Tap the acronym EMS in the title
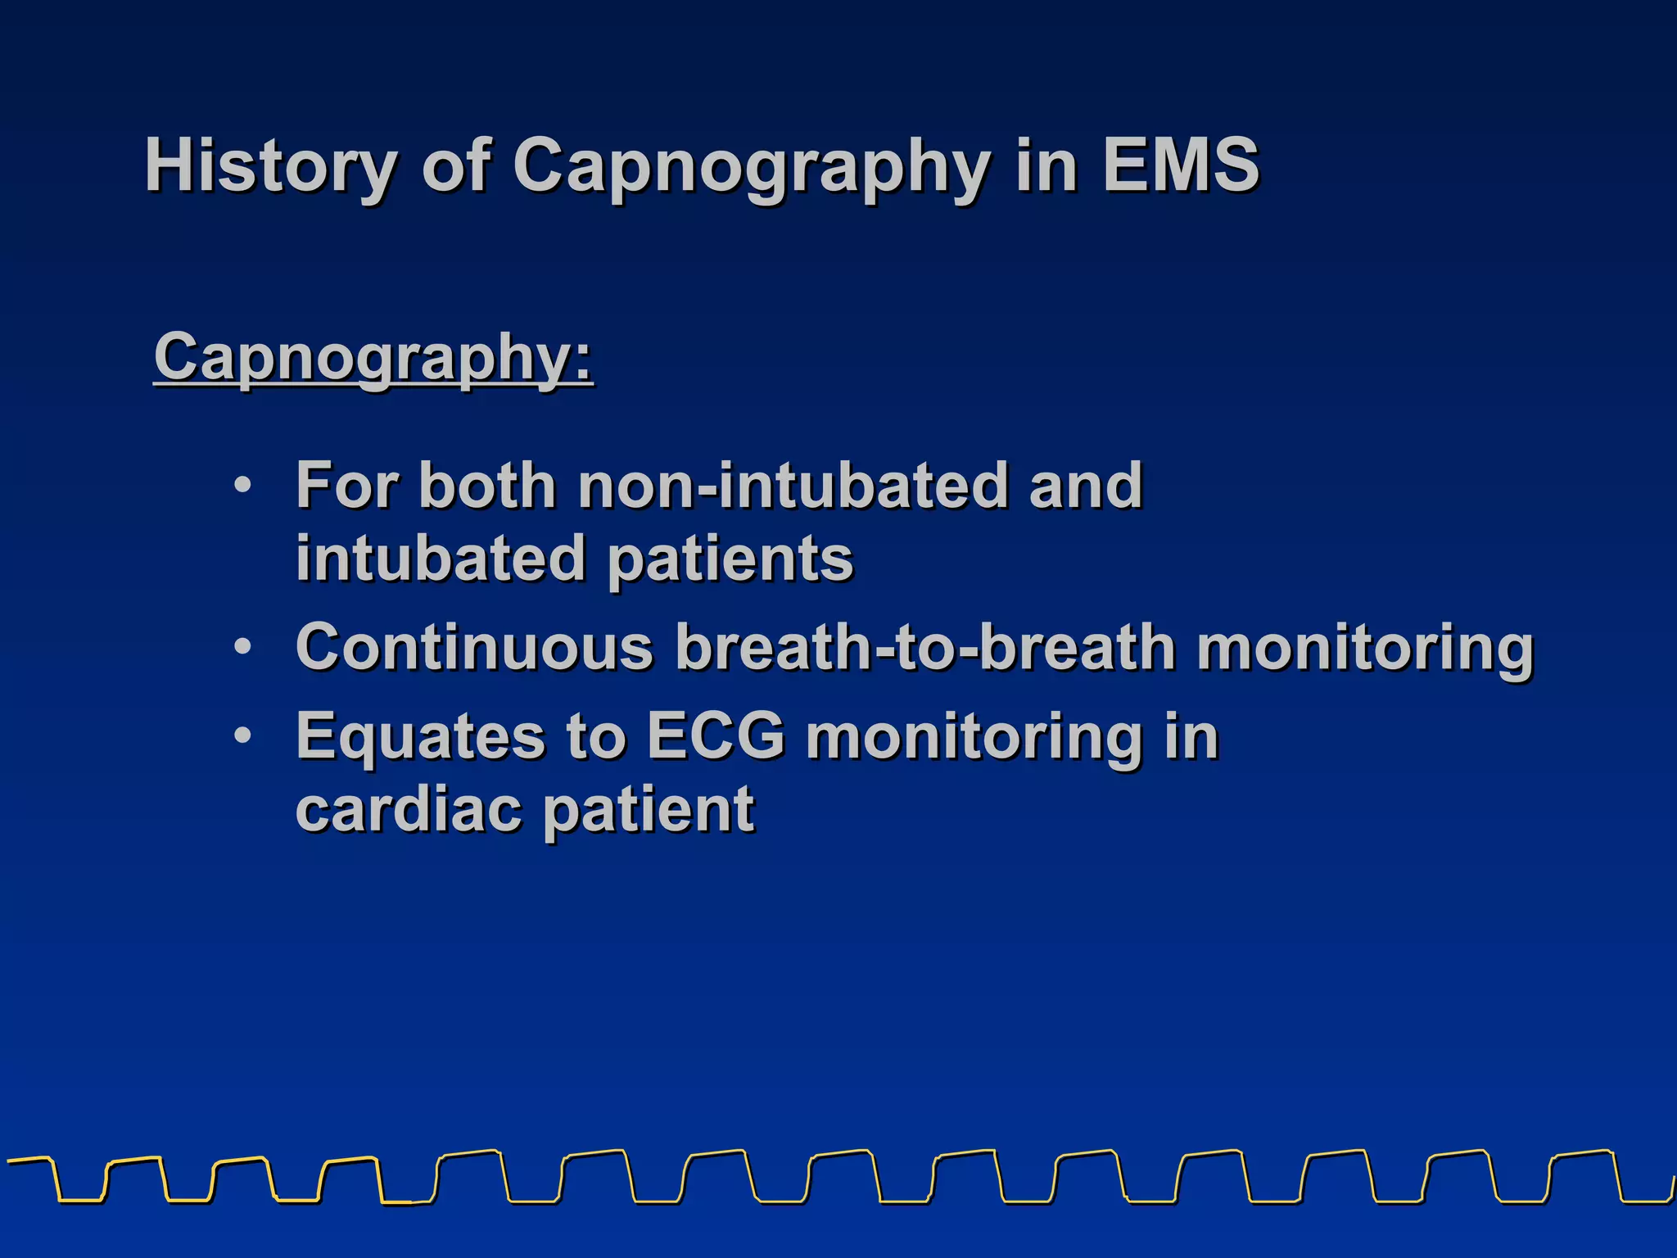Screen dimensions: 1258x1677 click(1180, 165)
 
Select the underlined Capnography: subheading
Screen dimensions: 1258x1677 click(373, 357)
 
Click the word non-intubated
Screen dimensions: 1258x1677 click(792, 485)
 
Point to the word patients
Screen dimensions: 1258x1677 click(730, 559)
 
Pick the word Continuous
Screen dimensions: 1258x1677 click(475, 647)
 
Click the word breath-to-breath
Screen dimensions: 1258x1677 click(925, 647)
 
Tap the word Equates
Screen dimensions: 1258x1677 click(420, 735)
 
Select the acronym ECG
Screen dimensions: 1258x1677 click(716, 735)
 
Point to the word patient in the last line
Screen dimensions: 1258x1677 click(649, 809)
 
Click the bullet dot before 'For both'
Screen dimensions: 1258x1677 click(242, 485)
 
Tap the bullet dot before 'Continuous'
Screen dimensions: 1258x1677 click(242, 647)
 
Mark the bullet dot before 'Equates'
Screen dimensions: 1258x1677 click(242, 735)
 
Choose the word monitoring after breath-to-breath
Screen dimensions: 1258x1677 click(1365, 647)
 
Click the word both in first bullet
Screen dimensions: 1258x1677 click(488, 485)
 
